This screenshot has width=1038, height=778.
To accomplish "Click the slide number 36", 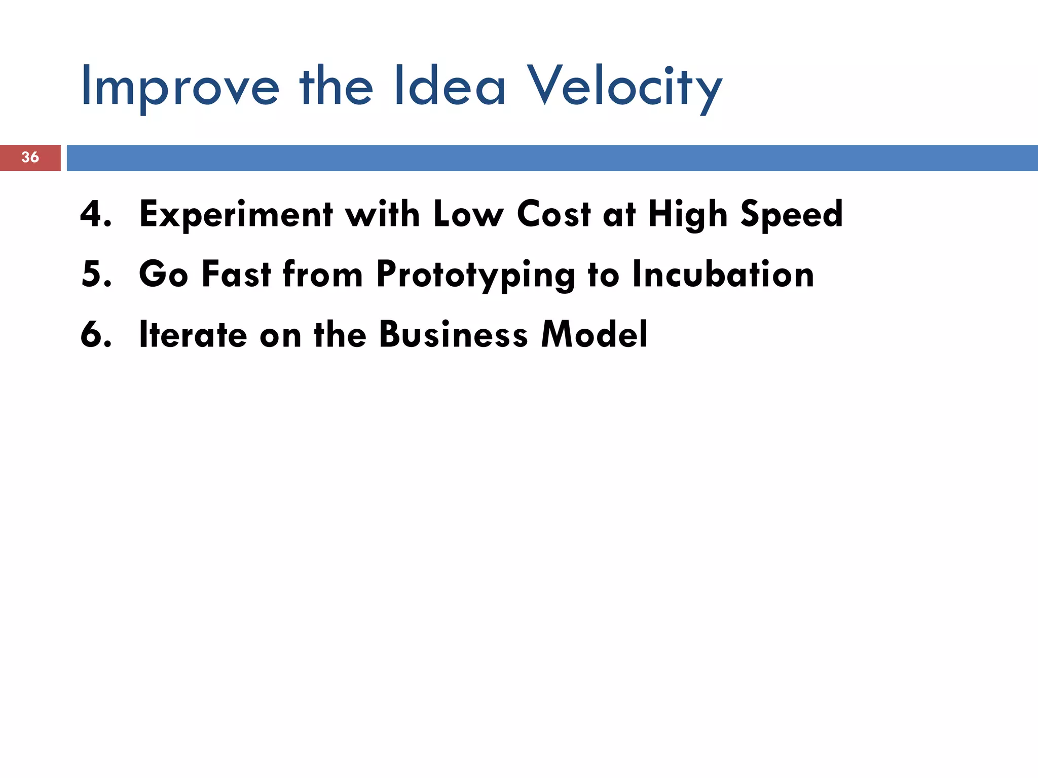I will (30, 157).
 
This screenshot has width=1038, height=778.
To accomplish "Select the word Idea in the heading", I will (450, 86).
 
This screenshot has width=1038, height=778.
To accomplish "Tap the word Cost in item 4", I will (554, 214).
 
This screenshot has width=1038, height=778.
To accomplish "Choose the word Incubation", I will (723, 274).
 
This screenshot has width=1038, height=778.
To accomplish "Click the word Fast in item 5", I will (236, 274).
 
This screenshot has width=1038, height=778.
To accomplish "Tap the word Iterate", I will (193, 334).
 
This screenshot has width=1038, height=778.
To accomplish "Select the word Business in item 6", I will (454, 334).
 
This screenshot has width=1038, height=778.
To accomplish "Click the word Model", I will (594, 334).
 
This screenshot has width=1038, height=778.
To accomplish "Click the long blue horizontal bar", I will (552, 158).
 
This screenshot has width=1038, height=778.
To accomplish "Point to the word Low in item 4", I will (468, 214).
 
